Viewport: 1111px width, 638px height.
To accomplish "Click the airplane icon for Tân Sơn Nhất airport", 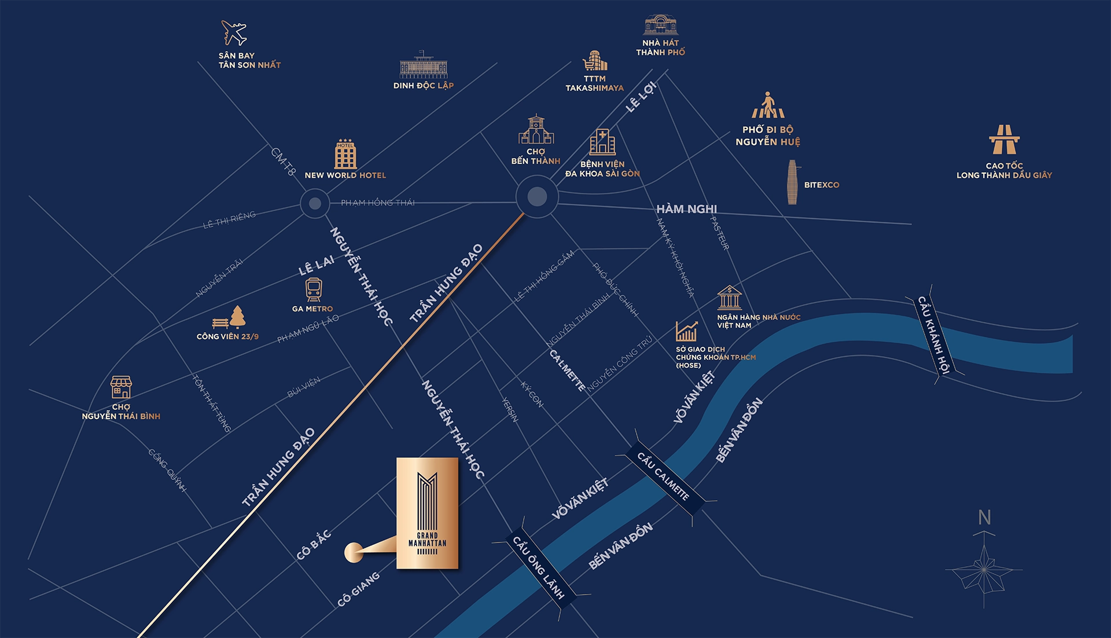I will (x=234, y=33).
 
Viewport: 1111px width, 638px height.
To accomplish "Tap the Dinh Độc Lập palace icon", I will (x=424, y=65).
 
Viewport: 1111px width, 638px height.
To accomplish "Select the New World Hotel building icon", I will (x=345, y=155).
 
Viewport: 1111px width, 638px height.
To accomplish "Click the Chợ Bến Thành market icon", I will (x=536, y=130).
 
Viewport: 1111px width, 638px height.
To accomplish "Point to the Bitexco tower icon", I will (x=792, y=182).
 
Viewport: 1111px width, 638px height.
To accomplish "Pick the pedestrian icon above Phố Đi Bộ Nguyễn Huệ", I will (x=768, y=105).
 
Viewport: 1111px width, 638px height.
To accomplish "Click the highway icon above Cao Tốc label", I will (x=1004, y=140).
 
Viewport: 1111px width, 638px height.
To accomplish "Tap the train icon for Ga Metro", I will (x=314, y=289).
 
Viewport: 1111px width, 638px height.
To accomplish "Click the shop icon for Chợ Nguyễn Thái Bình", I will (x=121, y=387).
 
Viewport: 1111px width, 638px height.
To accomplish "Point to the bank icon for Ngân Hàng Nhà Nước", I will (x=729, y=298).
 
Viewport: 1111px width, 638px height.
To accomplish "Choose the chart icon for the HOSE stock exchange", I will (x=687, y=332).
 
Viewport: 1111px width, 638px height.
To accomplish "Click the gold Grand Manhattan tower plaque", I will (x=427, y=513).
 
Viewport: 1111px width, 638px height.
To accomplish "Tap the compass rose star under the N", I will (x=983, y=570).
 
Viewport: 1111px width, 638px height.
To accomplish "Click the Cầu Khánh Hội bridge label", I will (x=934, y=335).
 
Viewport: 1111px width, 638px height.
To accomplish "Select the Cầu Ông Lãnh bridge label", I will (x=538, y=567).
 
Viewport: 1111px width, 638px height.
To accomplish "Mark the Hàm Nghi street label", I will (x=686, y=209).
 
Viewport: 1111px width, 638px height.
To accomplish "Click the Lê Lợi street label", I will (x=641, y=97).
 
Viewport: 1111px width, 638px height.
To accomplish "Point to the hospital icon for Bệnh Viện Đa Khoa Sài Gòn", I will (x=602, y=142).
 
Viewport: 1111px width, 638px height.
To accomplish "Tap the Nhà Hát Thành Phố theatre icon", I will (x=660, y=25).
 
